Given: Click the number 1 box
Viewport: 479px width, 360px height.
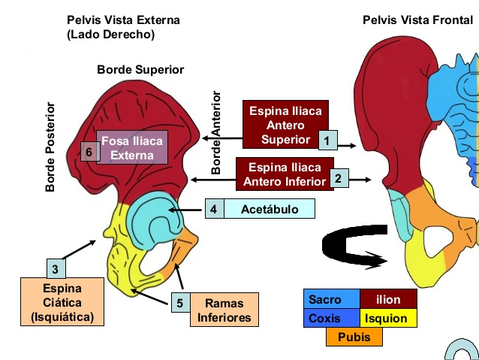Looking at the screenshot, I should click(326, 140).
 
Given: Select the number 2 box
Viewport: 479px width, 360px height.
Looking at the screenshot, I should click(338, 179).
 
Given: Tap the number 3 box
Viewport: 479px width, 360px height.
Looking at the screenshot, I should click(55, 268).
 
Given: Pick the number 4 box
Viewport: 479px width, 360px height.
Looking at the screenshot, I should click(214, 209).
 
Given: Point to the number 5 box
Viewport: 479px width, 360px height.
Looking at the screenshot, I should click(179, 303).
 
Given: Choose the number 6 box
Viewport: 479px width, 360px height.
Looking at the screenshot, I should click(89, 152).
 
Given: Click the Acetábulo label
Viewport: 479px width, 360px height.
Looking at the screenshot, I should click(269, 209).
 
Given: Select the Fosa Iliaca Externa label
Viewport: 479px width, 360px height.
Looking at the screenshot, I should click(133, 148).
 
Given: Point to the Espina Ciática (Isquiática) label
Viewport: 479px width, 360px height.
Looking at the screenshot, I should click(62, 302).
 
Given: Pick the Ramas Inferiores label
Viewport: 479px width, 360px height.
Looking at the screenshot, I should click(222, 310).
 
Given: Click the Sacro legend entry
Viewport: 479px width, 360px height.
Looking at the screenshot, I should click(331, 299).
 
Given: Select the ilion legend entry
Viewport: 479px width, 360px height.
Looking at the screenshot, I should click(388, 299).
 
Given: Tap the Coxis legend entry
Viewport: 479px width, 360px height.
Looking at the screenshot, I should click(331, 318).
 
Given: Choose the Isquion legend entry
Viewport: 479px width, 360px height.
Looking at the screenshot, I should click(388, 318).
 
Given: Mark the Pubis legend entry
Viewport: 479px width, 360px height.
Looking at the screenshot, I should click(354, 337).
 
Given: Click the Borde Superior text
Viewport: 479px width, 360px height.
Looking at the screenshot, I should click(140, 69).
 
